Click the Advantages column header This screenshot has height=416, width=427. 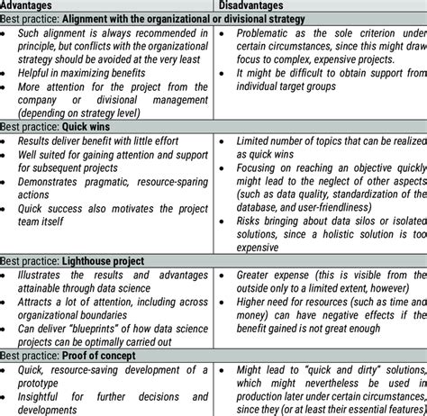(30, 5)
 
